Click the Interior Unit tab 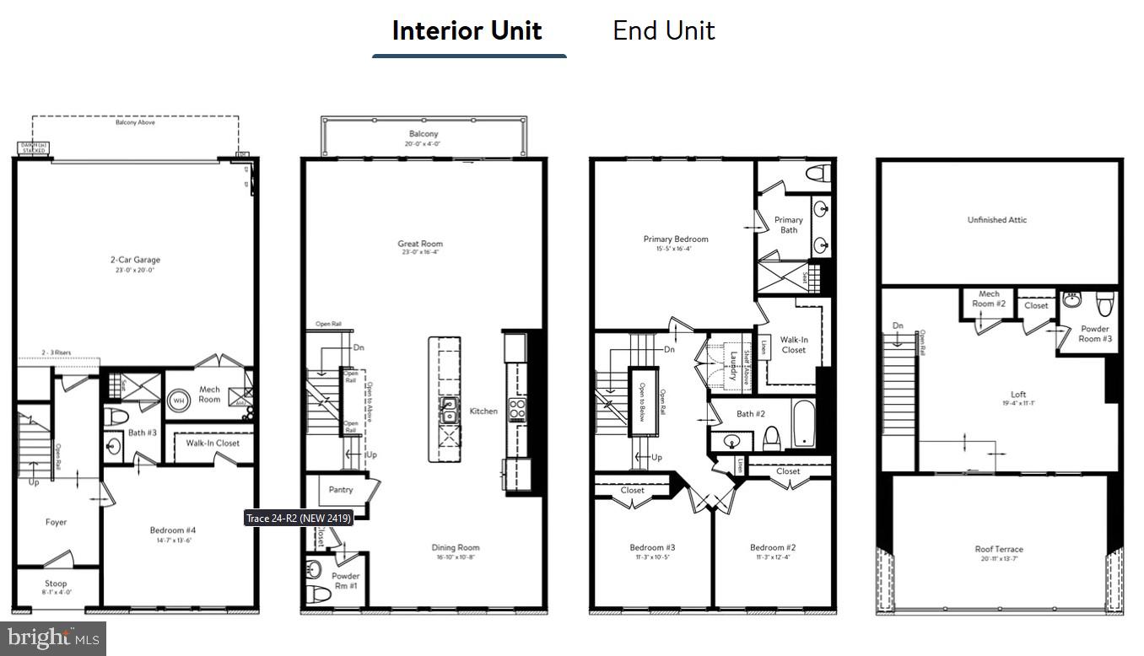point(467,31)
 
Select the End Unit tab point(663,31)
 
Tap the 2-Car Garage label point(135,260)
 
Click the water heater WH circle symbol point(180,401)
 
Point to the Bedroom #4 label point(172,530)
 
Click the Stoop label point(56,583)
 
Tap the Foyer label point(56,522)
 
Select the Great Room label point(419,244)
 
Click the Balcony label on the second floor point(424,134)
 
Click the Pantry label point(341,489)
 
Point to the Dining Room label point(456,547)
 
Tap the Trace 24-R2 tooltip point(298,518)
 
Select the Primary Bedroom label point(675,239)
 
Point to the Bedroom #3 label point(652,547)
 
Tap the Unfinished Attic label point(997,220)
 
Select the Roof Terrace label point(999,550)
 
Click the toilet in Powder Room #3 point(1104,303)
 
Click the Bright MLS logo point(52,638)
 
